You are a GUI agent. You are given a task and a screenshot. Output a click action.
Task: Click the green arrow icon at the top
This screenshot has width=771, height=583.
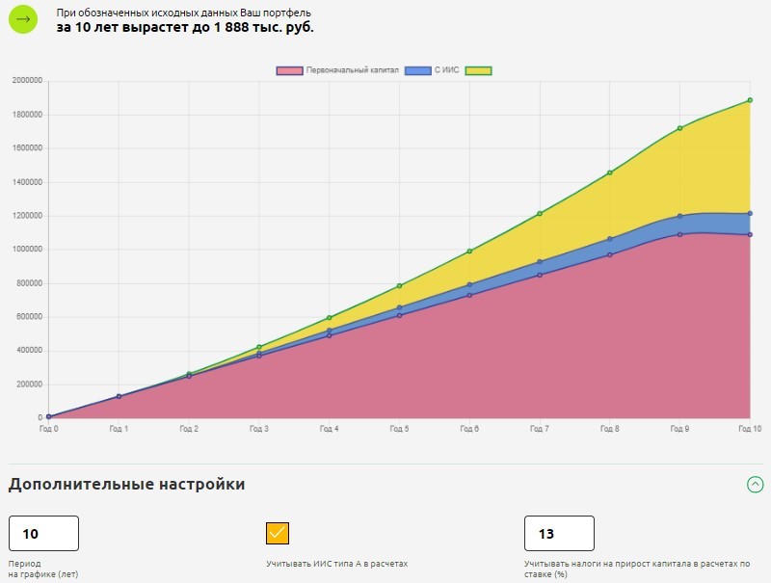23,20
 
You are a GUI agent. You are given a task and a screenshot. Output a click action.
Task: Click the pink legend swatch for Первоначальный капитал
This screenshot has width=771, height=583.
289,71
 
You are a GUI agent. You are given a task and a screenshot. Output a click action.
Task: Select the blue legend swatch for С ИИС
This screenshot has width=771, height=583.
417,71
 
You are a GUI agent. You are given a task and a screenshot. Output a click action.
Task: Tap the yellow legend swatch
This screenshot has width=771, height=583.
478,71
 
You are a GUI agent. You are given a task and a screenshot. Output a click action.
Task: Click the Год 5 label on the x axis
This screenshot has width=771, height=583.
399,428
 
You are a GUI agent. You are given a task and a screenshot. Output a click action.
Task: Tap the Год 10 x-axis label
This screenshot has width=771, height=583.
750,428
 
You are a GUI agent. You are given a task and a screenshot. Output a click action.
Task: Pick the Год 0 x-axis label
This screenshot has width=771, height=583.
48,428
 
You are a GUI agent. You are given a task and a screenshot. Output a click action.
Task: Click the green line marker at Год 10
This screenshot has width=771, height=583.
750,100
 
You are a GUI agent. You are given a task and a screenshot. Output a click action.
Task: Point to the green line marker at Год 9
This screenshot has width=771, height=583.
679,128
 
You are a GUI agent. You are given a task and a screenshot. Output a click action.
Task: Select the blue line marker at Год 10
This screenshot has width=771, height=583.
750,214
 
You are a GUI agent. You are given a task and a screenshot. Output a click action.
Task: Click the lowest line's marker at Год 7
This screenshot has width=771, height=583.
540,276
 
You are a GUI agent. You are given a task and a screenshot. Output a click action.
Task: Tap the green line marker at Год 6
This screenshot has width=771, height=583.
469,252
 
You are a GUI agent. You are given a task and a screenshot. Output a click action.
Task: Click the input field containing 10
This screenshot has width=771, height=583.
43,534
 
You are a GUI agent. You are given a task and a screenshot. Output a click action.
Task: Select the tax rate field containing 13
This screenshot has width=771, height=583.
559,534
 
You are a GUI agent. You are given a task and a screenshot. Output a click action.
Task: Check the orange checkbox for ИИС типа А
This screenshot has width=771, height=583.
278,533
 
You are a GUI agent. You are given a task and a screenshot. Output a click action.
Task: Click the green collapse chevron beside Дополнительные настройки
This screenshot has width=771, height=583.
756,485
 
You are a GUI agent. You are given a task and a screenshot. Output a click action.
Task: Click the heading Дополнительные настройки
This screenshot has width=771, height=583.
126,485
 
